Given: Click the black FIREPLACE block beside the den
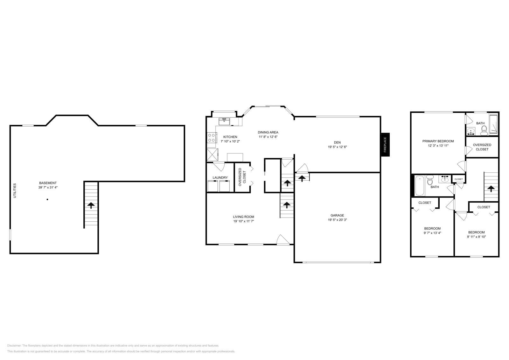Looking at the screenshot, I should click(385, 145).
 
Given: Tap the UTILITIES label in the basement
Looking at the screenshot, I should click(15, 190).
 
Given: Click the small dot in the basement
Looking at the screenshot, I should click(47, 199).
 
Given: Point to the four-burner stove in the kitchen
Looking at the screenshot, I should click(211, 137).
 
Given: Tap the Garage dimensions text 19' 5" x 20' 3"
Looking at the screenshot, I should click(337, 220).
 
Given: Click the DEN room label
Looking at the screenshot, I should click(337, 142).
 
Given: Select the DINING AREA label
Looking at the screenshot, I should click(268, 132).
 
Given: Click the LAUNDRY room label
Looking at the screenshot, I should click(220, 177).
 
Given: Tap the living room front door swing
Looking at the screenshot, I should click(283, 240).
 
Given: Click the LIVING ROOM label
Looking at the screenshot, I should click(243, 217).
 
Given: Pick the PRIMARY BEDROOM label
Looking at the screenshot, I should click(438, 141).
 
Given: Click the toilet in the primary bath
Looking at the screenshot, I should click(484, 129).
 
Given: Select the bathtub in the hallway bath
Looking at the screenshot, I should click(419, 185).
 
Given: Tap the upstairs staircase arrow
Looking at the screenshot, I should click(491, 189).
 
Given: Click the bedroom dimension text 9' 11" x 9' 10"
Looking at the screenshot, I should click(476, 237).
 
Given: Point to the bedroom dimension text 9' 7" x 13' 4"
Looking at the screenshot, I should click(432, 233).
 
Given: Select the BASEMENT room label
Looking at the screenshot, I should click(48, 183).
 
